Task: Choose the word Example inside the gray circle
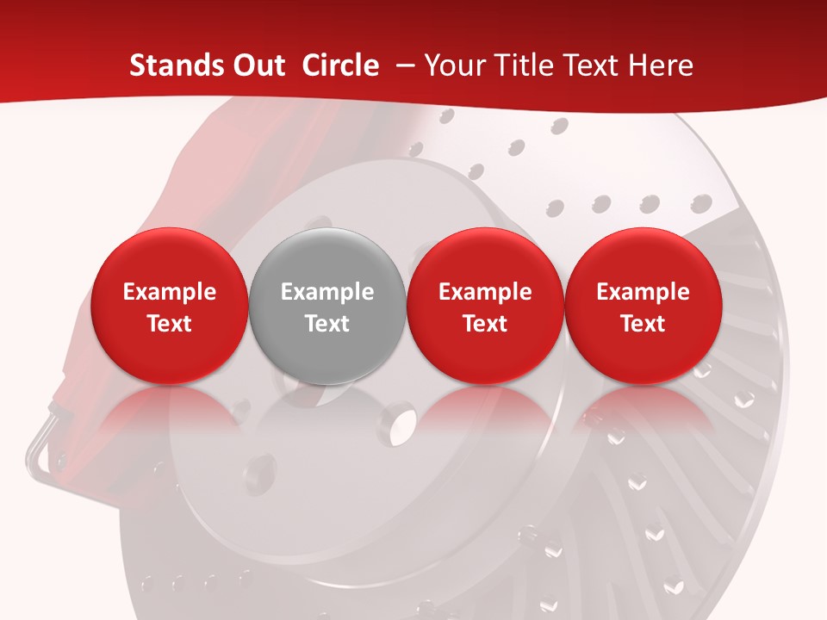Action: (327, 292)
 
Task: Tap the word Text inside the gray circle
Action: (327, 324)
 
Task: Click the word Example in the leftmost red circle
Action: (169, 292)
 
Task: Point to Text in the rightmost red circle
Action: (643, 324)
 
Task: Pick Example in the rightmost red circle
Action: (643, 292)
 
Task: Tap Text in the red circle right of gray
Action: (485, 324)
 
